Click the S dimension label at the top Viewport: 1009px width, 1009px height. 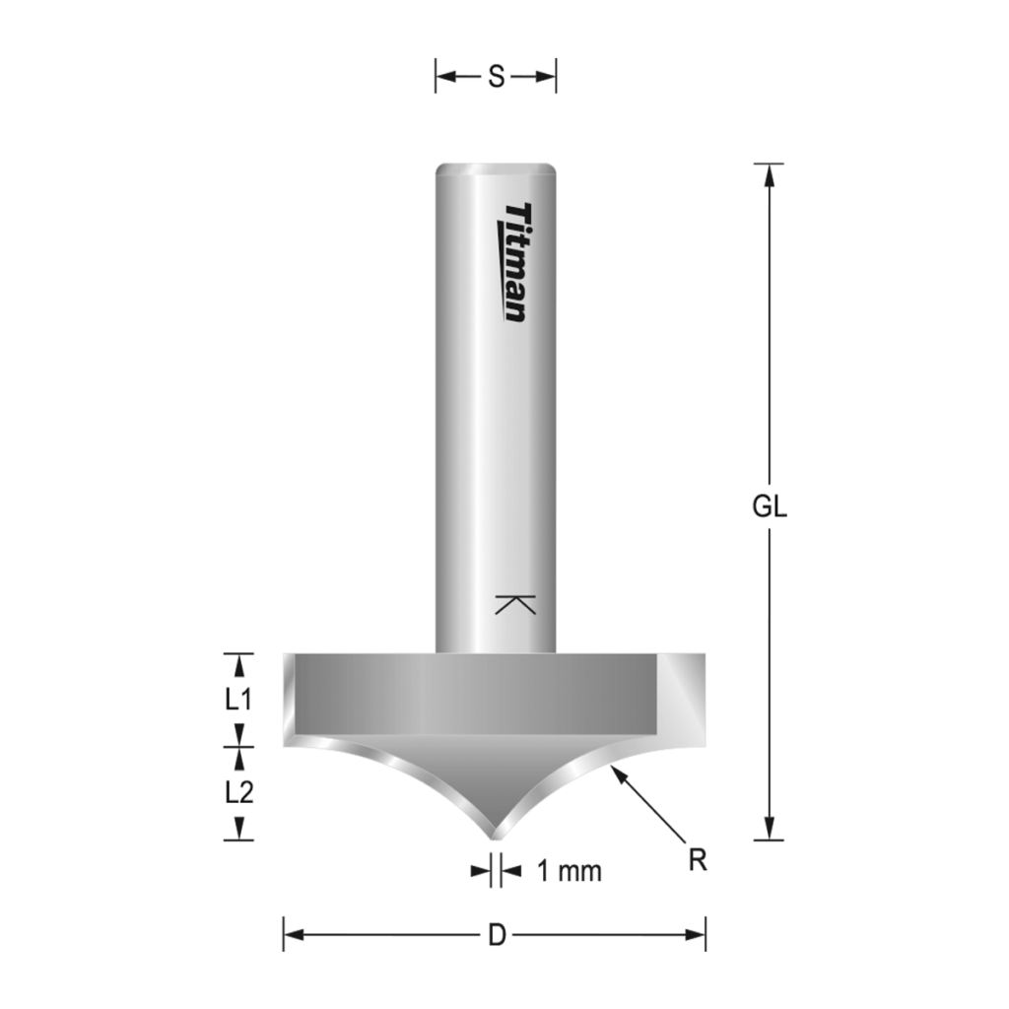496,77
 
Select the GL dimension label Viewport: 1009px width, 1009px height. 770,506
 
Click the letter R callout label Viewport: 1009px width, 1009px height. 698,859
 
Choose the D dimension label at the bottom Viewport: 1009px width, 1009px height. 497,934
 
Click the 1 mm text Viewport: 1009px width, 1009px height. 569,871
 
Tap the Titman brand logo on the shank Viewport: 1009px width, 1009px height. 514,262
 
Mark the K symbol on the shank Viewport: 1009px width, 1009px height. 515,605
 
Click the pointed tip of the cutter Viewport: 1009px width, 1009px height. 496,836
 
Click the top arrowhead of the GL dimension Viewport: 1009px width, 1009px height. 770,173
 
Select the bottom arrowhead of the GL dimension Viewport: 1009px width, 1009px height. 770,830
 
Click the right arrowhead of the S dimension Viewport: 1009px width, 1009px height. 547,77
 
